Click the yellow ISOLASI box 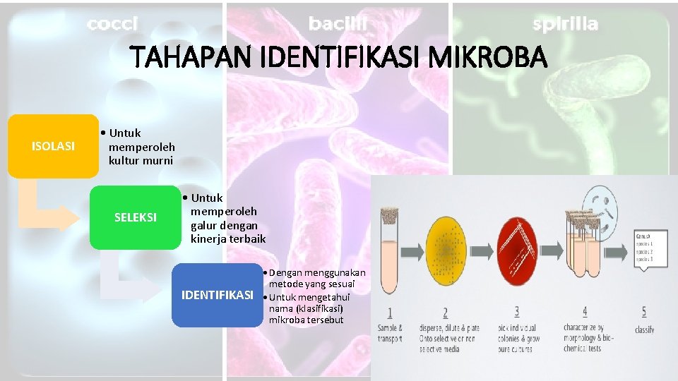coord(53,146)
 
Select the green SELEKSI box coord(135,217)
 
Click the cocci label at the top coord(112,24)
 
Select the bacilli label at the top coord(338,24)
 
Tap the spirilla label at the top coord(565,24)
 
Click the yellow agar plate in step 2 coord(447,252)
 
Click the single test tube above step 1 coord(391,254)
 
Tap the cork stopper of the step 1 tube coord(391,212)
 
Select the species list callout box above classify coord(652,248)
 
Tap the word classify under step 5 coord(644,329)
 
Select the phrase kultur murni coord(141,160)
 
